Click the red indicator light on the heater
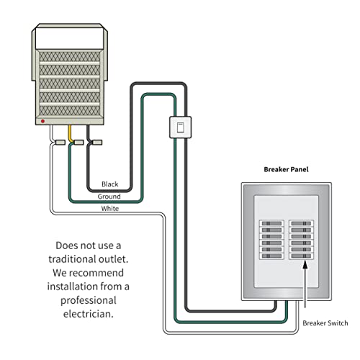tap(44, 121)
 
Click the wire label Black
tap(110, 184)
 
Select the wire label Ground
tap(109, 196)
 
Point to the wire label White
tap(110, 208)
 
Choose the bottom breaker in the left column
tap(271, 257)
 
